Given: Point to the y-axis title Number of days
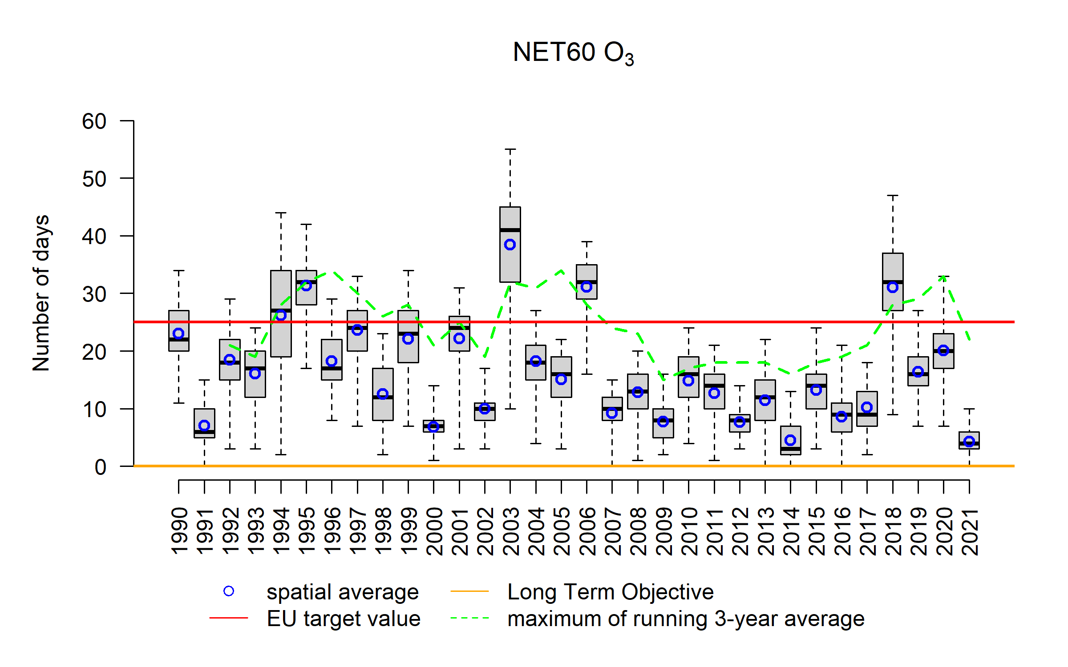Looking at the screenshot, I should pyautogui.click(x=41, y=293).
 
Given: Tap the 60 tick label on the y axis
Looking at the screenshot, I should pyautogui.click(x=94, y=121).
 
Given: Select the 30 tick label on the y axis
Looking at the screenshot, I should pyautogui.click(x=94, y=294).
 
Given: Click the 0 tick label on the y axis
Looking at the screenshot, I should pyautogui.click(x=101, y=467).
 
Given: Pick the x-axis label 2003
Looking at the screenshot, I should pyautogui.click(x=510, y=531).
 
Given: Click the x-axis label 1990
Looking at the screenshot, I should pyautogui.click(x=179, y=531).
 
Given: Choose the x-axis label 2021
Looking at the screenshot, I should pyautogui.click(x=969, y=531).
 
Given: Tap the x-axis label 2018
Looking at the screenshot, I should pyautogui.click(x=893, y=531).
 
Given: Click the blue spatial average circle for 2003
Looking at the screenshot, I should pyautogui.click(x=510, y=245).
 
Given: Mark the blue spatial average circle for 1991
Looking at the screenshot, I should pyautogui.click(x=204, y=426).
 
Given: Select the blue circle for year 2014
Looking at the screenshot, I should pyautogui.click(x=790, y=440).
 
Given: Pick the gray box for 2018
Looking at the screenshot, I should pyautogui.click(x=893, y=267).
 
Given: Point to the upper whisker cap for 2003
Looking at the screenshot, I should pyautogui.click(x=510, y=149).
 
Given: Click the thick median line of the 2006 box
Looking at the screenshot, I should pyautogui.click(x=587, y=282).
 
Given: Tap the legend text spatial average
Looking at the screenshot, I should pyautogui.click(x=343, y=592).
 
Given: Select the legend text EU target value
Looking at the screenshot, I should pyautogui.click(x=344, y=619).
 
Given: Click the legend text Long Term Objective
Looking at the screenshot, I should pyautogui.click(x=611, y=592).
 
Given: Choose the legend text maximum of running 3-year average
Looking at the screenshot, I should pyautogui.click(x=686, y=619).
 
